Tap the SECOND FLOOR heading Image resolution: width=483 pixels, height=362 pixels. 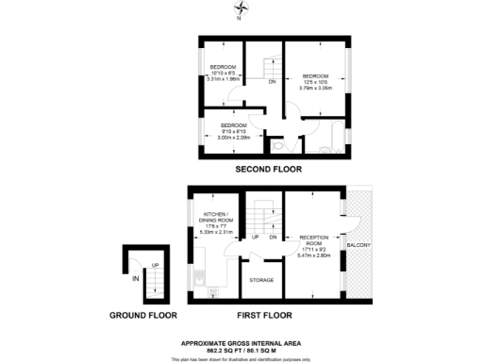[269, 170]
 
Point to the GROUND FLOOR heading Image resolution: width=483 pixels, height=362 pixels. [143, 314]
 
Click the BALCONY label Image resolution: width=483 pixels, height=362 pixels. [359, 247]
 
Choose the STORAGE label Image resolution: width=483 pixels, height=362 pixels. [261, 280]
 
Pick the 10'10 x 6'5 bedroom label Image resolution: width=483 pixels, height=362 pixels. [223, 74]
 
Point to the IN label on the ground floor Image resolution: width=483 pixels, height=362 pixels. [136, 279]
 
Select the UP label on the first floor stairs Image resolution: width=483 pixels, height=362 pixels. [255, 238]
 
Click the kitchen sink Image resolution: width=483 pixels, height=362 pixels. [199, 279]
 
